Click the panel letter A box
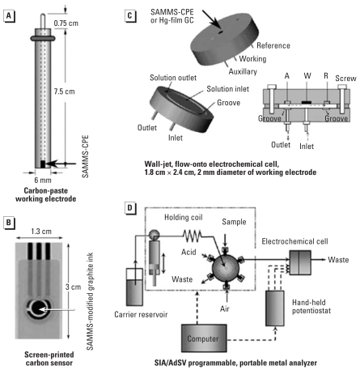[9, 16]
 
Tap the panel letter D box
[130, 208]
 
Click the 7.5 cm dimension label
[64, 91]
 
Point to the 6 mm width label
[43, 180]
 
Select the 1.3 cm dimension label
[41, 232]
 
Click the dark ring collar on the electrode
[43, 38]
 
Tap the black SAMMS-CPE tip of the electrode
[43, 164]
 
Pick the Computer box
[204, 338]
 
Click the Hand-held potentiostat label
[311, 306]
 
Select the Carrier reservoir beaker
[134, 287]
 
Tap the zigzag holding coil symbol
[192, 236]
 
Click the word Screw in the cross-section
[345, 79]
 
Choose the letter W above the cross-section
[307, 76]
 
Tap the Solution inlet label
[228, 89]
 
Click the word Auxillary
[243, 71]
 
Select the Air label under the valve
[225, 308]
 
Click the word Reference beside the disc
[273, 45]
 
